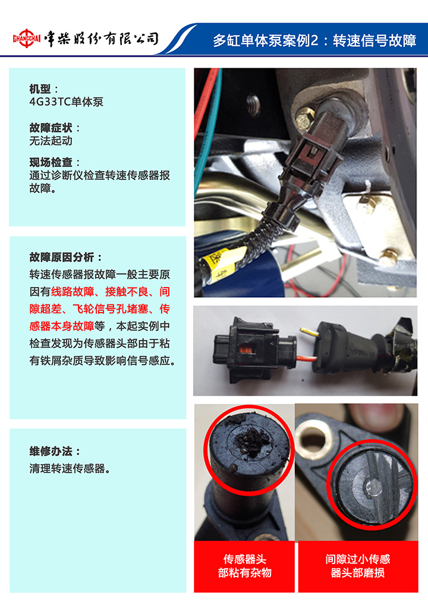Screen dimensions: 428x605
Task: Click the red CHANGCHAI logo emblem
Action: coord(27,38)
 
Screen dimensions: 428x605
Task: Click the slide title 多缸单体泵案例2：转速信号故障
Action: coord(314,40)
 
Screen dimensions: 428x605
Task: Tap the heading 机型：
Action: coord(44,89)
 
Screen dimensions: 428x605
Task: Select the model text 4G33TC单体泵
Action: coord(67,102)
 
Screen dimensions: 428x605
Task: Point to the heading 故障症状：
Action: coord(55,128)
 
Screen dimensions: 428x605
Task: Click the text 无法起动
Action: coord(51,141)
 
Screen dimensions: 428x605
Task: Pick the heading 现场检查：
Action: coord(55,162)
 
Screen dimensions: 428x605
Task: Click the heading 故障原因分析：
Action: coord(66,257)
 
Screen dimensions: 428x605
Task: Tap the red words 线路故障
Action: coord(73,291)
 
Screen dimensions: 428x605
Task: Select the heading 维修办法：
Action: coord(55,451)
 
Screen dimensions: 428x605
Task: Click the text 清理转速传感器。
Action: coord(70,468)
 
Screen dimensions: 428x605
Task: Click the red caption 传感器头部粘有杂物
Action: coord(244,566)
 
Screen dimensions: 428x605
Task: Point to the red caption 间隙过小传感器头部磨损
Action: coord(358,566)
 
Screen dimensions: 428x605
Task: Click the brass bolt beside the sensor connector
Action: coord(306,118)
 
